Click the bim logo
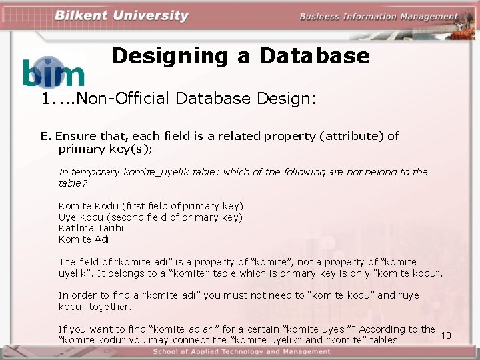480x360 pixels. pyautogui.click(x=53, y=73)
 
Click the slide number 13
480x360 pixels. pyautogui.click(x=446, y=335)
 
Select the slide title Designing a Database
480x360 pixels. pyautogui.click(x=240, y=55)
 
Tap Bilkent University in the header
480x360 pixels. pyautogui.click(x=121, y=16)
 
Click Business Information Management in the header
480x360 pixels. pyautogui.click(x=378, y=17)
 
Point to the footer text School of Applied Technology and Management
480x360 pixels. pyautogui.click(x=241, y=352)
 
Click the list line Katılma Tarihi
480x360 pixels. pyautogui.click(x=91, y=228)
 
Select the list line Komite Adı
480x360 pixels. pyautogui.click(x=83, y=239)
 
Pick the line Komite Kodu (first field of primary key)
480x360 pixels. pyautogui.click(x=151, y=206)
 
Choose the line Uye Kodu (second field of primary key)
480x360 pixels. pyautogui.click(x=151, y=217)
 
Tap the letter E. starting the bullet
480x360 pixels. pyautogui.click(x=45, y=136)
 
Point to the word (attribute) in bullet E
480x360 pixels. pyautogui.click(x=351, y=136)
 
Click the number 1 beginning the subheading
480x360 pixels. pyautogui.click(x=45, y=99)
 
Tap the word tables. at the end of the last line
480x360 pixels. pyautogui.click(x=383, y=340)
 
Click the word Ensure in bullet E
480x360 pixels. pyautogui.click(x=73, y=136)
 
